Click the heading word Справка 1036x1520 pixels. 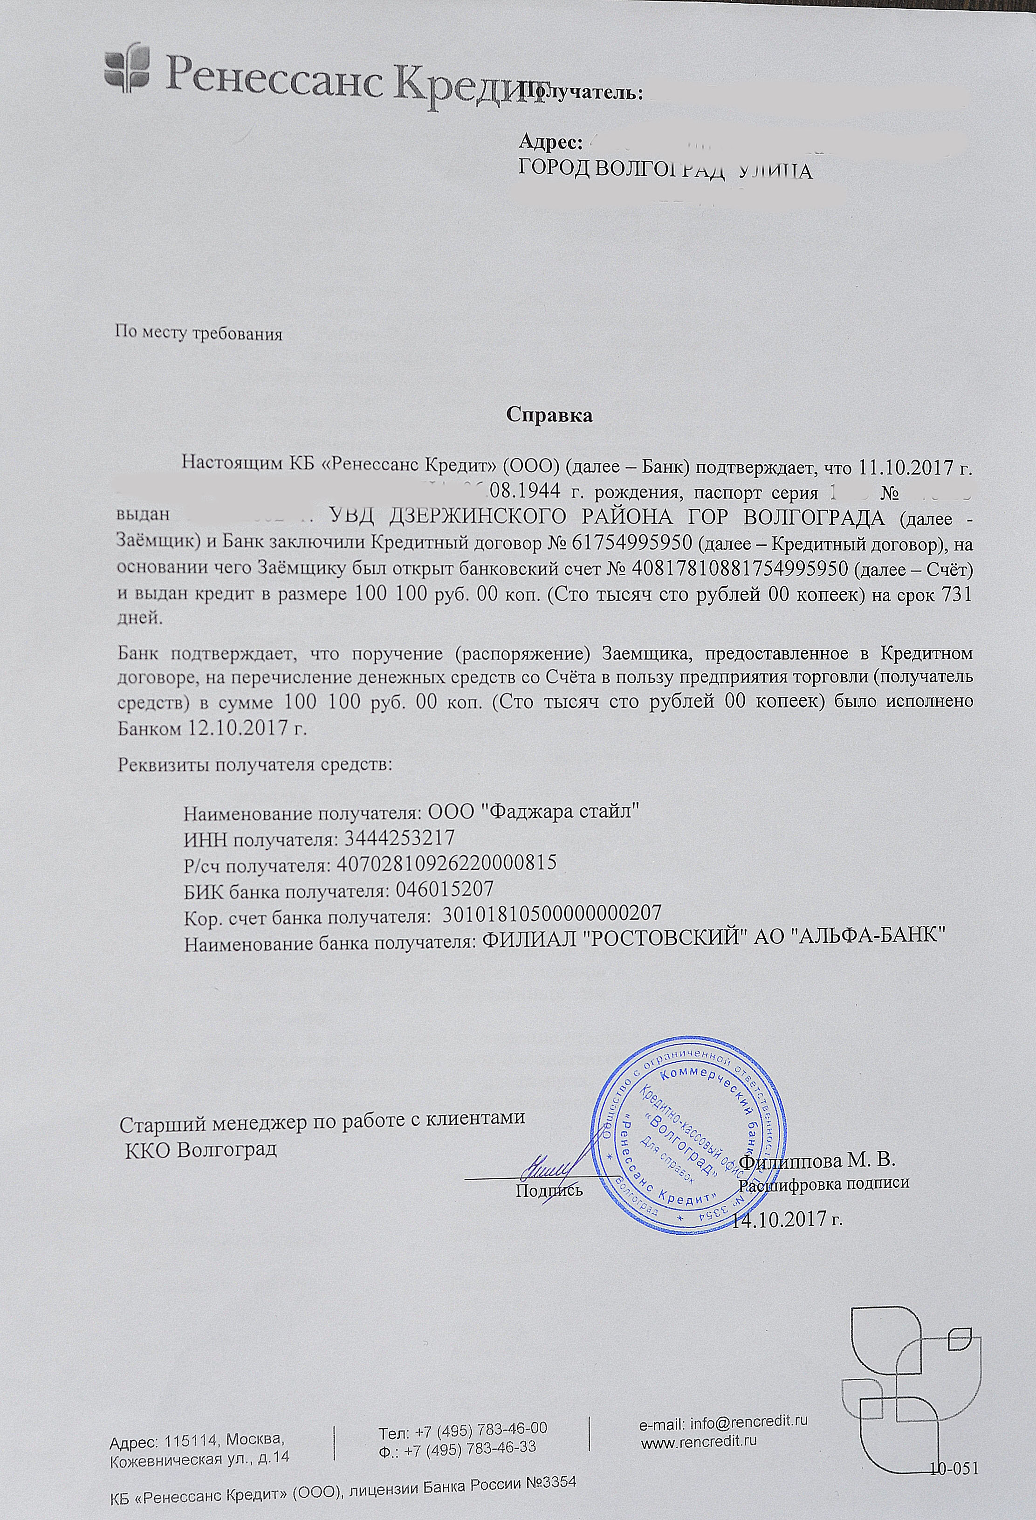pos(549,415)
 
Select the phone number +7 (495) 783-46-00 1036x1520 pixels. pos(482,1426)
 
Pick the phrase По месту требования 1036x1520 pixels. pos(199,334)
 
